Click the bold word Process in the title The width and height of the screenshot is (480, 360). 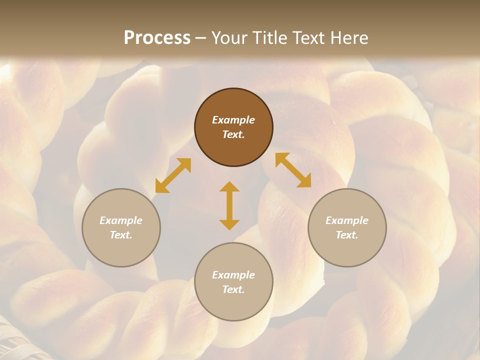pyautogui.click(x=157, y=38)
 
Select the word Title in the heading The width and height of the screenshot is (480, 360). pyautogui.click(x=270, y=38)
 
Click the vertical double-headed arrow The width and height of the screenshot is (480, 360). pyautogui.click(x=229, y=205)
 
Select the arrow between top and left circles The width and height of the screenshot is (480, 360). pyautogui.click(x=173, y=175)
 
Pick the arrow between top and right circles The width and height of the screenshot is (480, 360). pyautogui.click(x=293, y=170)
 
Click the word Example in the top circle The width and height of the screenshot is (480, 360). pyautogui.click(x=233, y=120)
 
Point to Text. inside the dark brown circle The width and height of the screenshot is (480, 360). pyautogui.click(x=233, y=134)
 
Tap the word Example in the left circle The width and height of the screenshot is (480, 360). pyautogui.click(x=121, y=220)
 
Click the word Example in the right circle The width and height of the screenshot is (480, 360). pyautogui.click(x=347, y=220)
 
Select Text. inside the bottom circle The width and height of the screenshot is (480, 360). pyautogui.click(x=233, y=289)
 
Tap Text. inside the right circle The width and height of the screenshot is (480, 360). pyautogui.click(x=347, y=235)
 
